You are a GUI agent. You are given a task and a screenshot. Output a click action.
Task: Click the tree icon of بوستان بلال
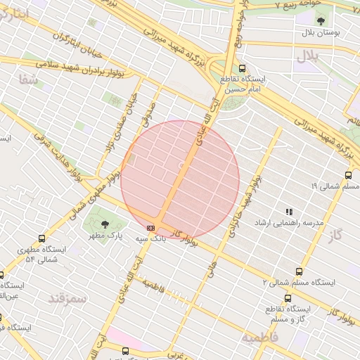pyautogui.click(x=321, y=22)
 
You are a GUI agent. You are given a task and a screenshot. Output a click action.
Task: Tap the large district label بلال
pyautogui.click(x=309, y=55)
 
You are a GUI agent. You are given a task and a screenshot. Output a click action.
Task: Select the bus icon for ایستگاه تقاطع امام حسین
pyautogui.click(x=243, y=69)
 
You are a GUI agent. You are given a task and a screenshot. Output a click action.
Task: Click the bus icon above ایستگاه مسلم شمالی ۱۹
pyautogui.click(x=348, y=175)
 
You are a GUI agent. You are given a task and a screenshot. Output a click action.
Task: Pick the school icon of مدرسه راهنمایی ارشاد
pyautogui.click(x=288, y=211)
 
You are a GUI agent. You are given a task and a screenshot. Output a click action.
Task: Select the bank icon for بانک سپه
pyautogui.click(x=150, y=228)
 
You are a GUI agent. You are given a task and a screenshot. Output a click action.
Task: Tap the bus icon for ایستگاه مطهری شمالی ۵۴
pyautogui.click(x=41, y=239)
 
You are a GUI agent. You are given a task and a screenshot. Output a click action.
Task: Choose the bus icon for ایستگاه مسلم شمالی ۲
pyautogui.click(x=300, y=271)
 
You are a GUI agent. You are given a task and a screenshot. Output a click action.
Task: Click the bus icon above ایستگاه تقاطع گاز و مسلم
pyautogui.click(x=288, y=298)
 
